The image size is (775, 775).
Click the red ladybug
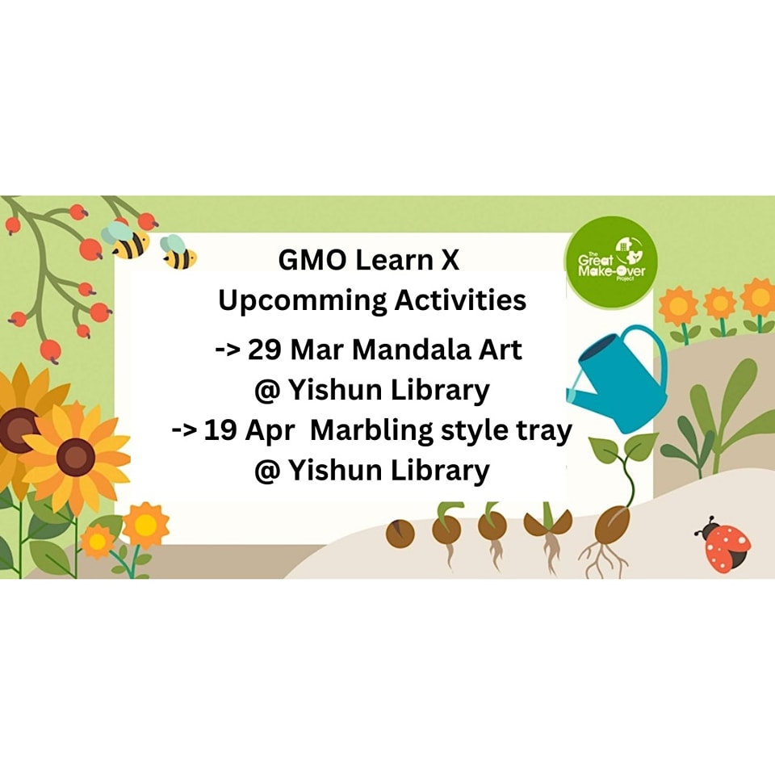click(x=723, y=545)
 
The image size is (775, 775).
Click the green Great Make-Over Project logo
click(x=611, y=262)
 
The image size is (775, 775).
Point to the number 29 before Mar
click(x=264, y=350)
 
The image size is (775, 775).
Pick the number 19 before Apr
click(x=220, y=430)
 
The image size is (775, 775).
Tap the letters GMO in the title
click(x=312, y=261)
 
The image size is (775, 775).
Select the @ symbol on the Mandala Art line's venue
click(x=267, y=391)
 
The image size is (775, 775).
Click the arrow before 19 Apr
click(x=184, y=430)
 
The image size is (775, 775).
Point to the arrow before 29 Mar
click(x=228, y=350)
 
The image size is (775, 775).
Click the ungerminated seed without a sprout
click(x=400, y=534)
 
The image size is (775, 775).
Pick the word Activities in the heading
click(x=460, y=300)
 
